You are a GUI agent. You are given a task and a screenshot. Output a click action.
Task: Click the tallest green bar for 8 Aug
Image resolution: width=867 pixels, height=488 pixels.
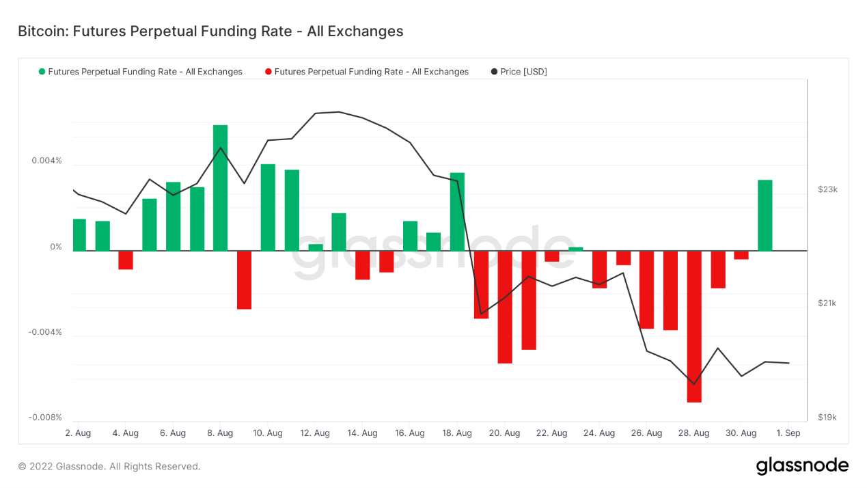pos(220,188)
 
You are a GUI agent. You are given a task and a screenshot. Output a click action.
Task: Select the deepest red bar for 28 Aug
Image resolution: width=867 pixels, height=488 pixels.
pos(694,326)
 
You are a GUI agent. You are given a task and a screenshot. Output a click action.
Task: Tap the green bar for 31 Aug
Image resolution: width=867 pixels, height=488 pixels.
pos(765,215)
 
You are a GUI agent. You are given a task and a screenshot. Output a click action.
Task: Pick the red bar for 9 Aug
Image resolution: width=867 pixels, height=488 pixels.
pos(244,280)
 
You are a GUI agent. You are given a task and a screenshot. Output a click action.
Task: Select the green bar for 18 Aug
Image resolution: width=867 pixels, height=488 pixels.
pos(457,211)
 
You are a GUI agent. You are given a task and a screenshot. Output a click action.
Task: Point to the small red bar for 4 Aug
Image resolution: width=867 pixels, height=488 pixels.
pos(126,260)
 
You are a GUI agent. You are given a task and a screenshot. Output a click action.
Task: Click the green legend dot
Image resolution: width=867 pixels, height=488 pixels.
pos(42,72)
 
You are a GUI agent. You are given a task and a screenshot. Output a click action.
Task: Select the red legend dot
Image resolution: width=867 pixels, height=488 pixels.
pos(269,72)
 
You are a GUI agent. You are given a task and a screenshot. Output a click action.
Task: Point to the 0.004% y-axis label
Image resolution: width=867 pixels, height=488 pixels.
pos(46,161)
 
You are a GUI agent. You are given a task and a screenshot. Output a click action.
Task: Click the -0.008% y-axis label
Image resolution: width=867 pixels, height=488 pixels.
pos(45,418)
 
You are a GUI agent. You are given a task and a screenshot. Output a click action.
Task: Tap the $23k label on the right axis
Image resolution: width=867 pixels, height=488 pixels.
pos(827,189)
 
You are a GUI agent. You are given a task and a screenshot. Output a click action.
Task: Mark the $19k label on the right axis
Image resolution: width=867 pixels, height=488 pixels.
pos(827,418)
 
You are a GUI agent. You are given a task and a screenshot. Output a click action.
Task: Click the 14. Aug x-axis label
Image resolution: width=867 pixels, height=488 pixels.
pos(362,433)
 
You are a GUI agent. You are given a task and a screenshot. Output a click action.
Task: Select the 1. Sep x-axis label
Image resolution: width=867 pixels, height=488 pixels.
pos(788,433)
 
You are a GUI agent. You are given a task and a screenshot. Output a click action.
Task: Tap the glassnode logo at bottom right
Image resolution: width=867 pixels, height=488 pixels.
pos(802,466)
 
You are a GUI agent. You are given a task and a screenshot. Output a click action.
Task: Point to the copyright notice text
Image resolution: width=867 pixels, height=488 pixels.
pos(109,466)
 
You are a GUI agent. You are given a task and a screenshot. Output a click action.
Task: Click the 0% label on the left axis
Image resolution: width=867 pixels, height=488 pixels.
pos(56,247)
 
